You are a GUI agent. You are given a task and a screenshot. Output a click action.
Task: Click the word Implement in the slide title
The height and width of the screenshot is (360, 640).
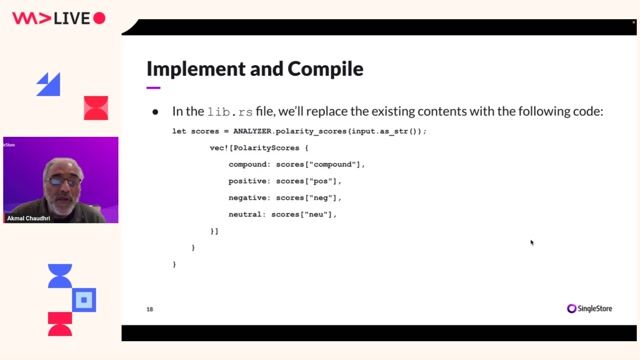click(191, 69)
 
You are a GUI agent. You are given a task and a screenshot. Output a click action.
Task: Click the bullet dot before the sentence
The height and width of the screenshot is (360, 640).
click(155, 112)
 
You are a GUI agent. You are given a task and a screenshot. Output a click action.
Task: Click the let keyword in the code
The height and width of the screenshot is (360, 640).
click(180, 132)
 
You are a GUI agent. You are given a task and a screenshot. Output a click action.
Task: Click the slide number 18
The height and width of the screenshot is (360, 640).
click(150, 309)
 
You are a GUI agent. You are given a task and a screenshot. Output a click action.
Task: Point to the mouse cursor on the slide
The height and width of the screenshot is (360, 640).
click(531, 241)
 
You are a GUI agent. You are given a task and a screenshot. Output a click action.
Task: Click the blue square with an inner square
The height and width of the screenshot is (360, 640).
click(85, 298)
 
